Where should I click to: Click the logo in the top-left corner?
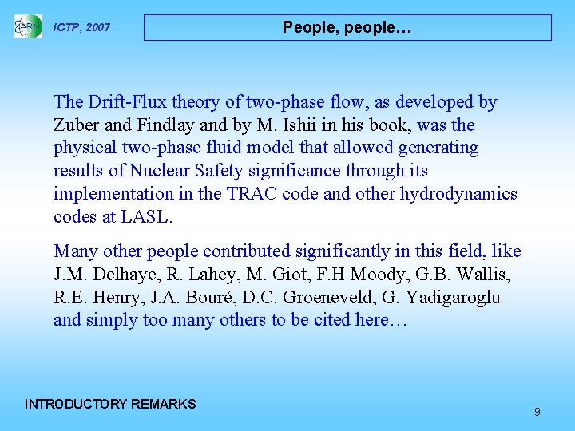tap(28, 26)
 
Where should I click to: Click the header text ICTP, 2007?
tap(81, 28)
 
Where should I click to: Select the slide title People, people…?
tap(347, 27)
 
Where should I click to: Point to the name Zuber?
tap(76, 125)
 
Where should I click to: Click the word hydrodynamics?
tap(458, 194)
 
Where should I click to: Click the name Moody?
tap(366, 275)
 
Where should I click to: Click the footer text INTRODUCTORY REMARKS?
tap(110, 404)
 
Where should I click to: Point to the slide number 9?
tap(537, 412)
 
